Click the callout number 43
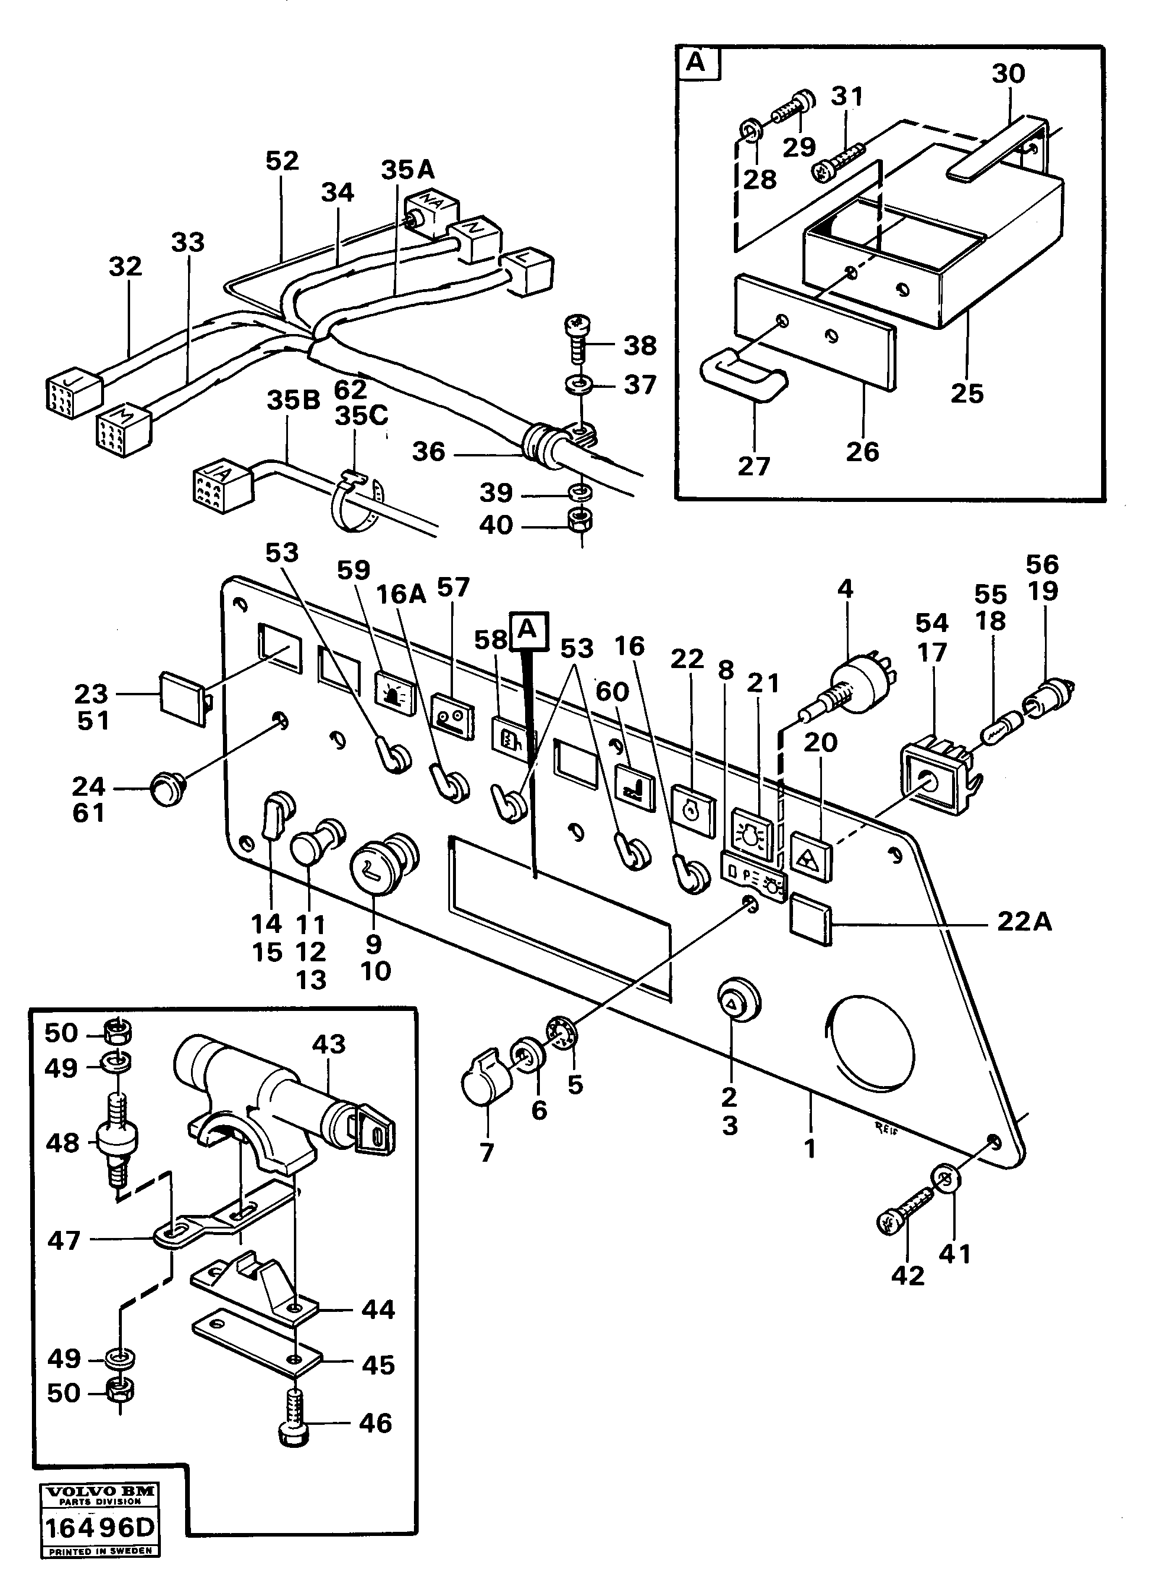click(328, 1044)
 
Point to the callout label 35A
click(407, 170)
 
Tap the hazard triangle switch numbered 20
click(811, 856)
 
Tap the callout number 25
click(967, 394)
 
